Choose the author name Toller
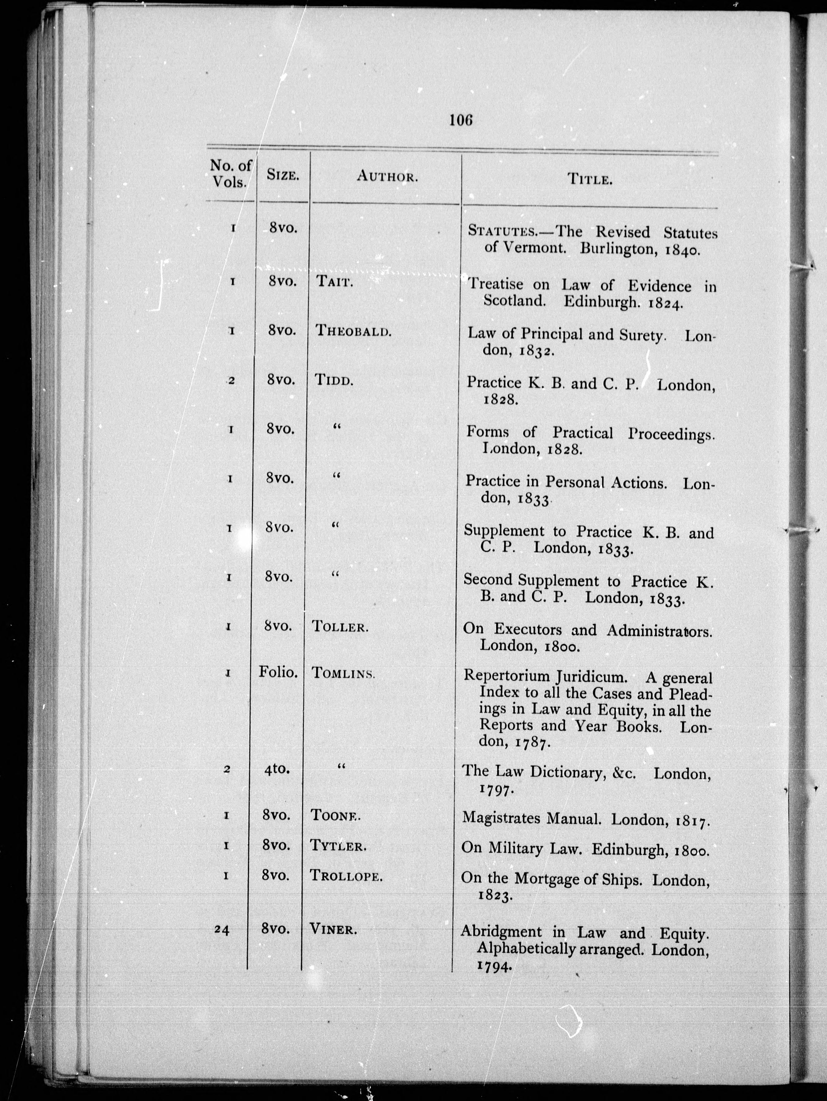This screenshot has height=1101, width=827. coord(340,627)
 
